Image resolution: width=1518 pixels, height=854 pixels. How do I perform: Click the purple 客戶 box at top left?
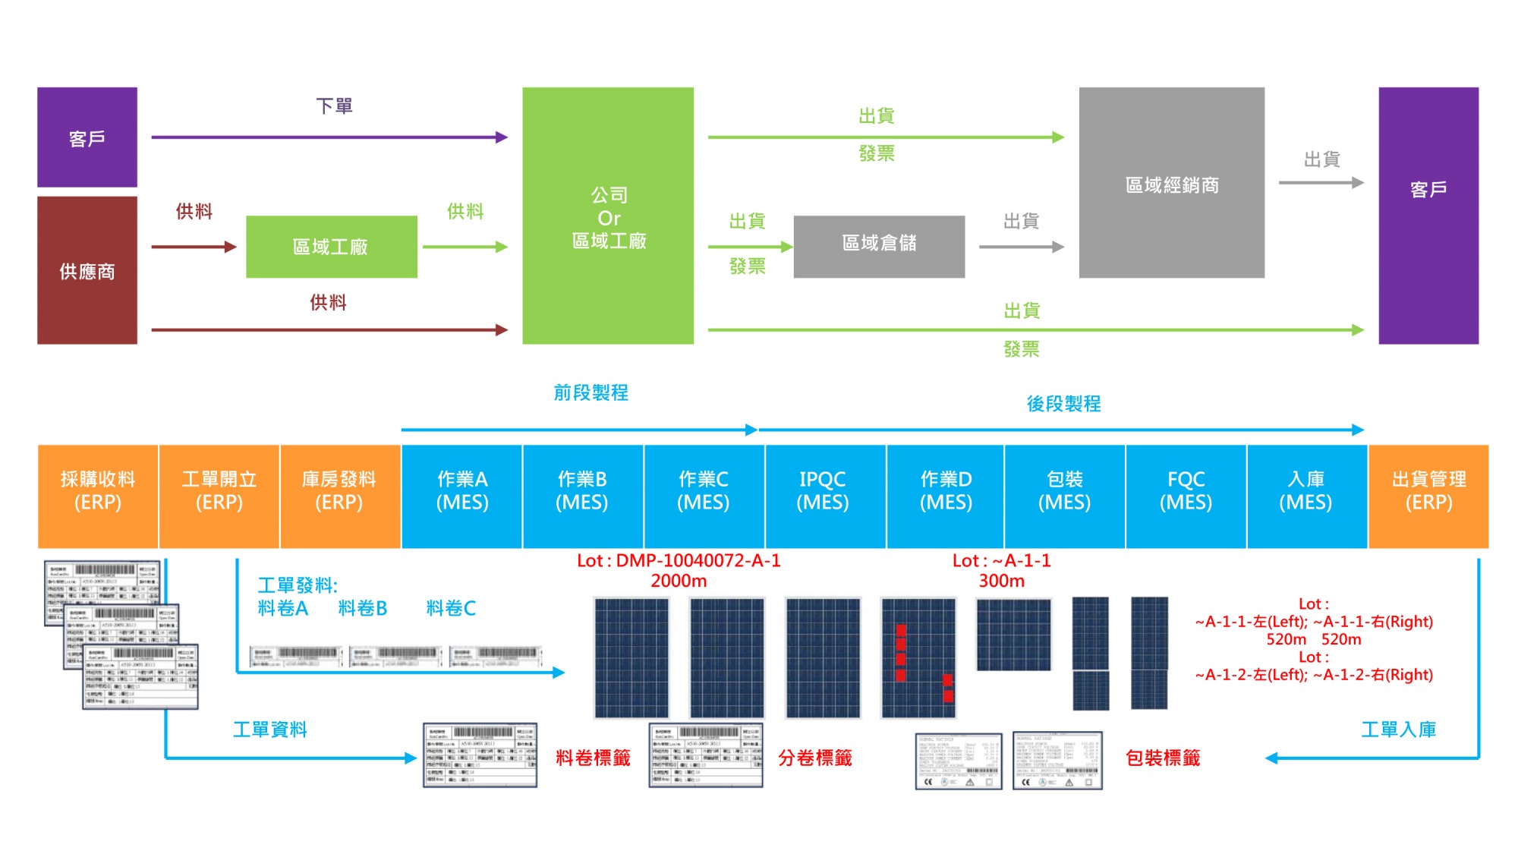tap(87, 137)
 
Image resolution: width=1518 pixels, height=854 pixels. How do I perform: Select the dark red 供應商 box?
tap(87, 270)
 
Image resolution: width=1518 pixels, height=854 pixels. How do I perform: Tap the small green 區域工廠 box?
tap(331, 247)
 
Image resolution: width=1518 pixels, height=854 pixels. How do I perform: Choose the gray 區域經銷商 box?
tap(1171, 183)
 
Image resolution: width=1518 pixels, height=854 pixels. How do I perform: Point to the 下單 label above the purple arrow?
tap(334, 106)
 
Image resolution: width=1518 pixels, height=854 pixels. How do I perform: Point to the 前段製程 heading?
tap(591, 392)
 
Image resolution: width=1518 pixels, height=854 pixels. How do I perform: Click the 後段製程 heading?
tap(1063, 404)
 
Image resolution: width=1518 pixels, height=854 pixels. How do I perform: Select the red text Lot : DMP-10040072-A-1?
tap(679, 561)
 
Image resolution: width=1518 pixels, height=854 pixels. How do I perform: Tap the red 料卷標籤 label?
tap(593, 758)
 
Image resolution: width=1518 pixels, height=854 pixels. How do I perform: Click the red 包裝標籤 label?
tap(1163, 758)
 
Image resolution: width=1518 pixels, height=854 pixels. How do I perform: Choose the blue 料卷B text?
tap(363, 608)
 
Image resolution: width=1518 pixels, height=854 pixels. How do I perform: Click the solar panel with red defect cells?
tap(918, 657)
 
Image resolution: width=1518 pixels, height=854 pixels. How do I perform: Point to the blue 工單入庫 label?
tap(1398, 730)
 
